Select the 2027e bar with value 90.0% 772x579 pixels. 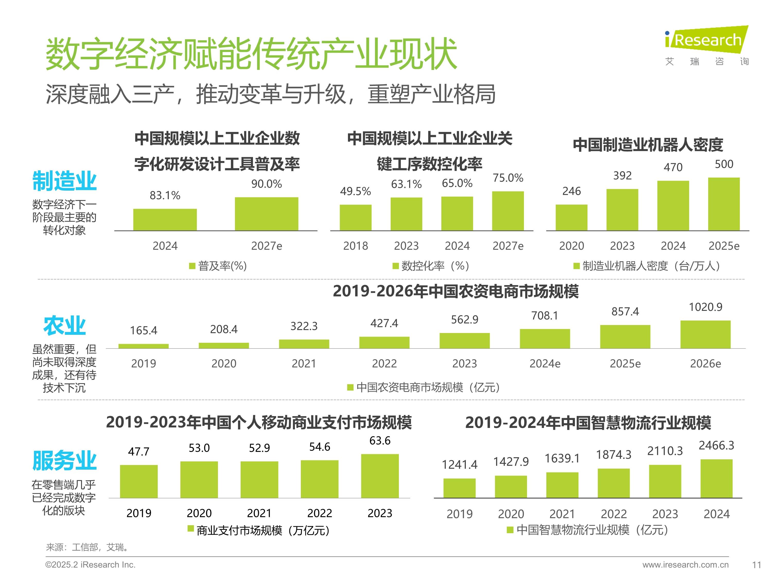[266, 214]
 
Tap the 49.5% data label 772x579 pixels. [355, 191]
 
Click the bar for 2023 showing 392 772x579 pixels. [622, 209]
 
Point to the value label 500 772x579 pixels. [724, 164]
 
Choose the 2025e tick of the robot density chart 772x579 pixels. [724, 246]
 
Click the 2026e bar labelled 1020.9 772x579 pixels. [705, 334]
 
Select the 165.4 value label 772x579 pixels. [143, 330]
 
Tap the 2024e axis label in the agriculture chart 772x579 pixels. [545, 364]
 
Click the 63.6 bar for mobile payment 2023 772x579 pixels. [380, 476]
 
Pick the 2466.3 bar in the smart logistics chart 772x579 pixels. [716, 478]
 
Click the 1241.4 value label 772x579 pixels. [459, 464]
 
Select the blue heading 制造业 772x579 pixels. [64, 181]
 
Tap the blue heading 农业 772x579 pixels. [64, 326]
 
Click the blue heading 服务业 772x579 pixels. [64, 460]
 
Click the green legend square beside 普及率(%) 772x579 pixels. [192, 266]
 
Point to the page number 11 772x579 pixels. [756, 565]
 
